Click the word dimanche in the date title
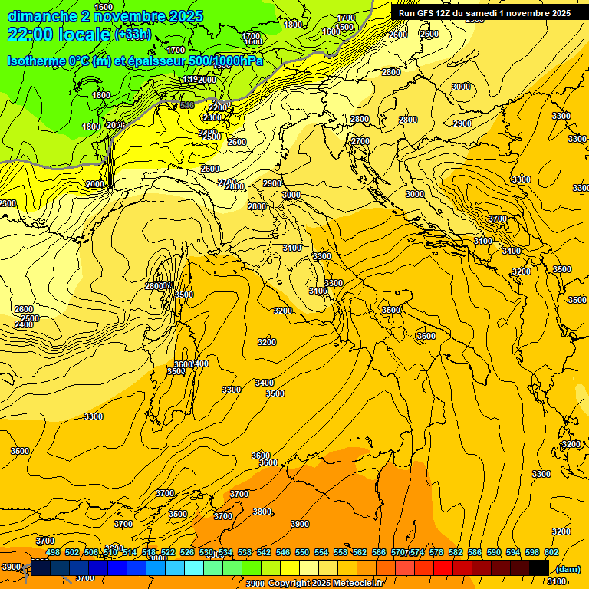click(42, 16)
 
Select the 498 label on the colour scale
click(53, 552)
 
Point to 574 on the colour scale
click(417, 552)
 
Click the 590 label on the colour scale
click(494, 552)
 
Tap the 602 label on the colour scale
click(551, 552)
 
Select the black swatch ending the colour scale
click(539, 568)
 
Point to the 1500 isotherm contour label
click(344, 27)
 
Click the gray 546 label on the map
click(186, 106)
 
